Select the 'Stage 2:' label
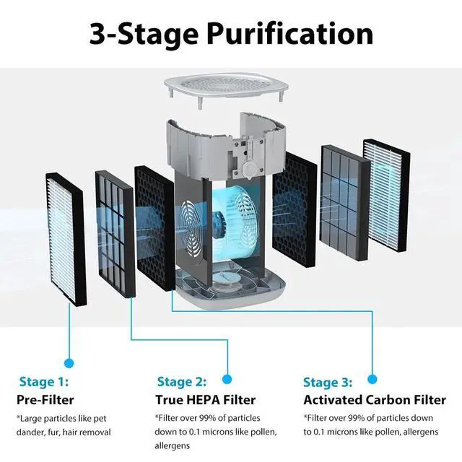[181, 382]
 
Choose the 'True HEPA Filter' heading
[205, 399]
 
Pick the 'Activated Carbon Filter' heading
[374, 399]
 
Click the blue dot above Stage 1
[69, 363]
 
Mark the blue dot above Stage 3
[372, 378]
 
